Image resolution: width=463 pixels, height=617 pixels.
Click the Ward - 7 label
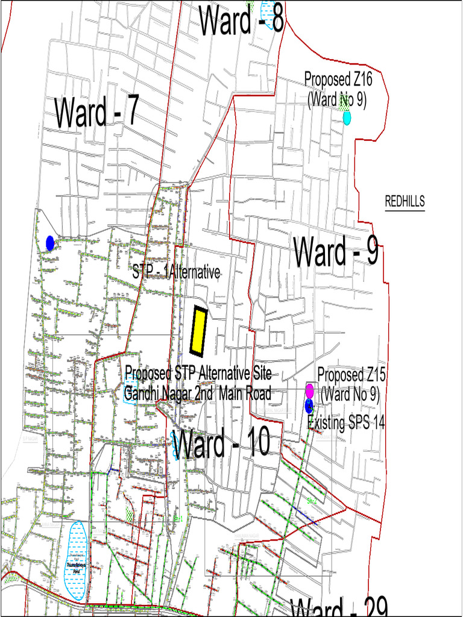click(x=96, y=112)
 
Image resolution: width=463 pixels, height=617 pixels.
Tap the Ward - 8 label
click(x=241, y=19)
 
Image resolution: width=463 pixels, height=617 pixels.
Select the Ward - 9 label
click(x=336, y=252)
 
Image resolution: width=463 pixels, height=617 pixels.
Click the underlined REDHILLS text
click(x=405, y=201)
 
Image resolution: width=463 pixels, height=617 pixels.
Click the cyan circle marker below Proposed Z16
click(x=347, y=118)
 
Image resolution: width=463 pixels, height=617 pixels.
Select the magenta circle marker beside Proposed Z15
click(x=309, y=390)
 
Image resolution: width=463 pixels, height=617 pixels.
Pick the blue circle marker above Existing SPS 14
click(x=309, y=405)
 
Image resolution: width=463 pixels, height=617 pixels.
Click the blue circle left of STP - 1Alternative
click(x=50, y=243)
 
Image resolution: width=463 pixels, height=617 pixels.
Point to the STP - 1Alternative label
click(x=176, y=272)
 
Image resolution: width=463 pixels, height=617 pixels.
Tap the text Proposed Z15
click(x=351, y=374)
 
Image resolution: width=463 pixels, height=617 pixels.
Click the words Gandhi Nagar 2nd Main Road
click(x=198, y=394)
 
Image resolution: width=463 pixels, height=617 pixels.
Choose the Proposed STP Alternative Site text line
click(x=198, y=372)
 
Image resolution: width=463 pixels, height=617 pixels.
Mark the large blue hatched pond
click(x=77, y=559)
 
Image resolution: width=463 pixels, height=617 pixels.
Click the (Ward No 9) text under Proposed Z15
click(x=350, y=395)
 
